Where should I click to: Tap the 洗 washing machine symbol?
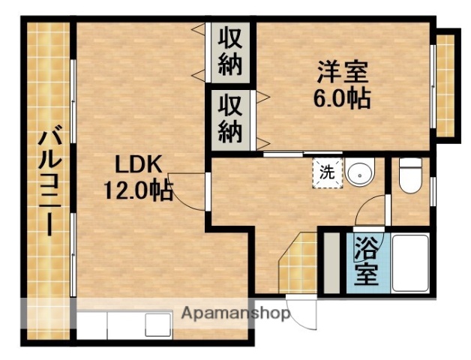pyautogui.click(x=328, y=171)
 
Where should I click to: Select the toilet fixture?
pyautogui.click(x=409, y=177)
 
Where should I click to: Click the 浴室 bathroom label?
pyautogui.click(x=366, y=261)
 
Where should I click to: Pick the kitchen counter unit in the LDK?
pyautogui.click(x=124, y=323)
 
